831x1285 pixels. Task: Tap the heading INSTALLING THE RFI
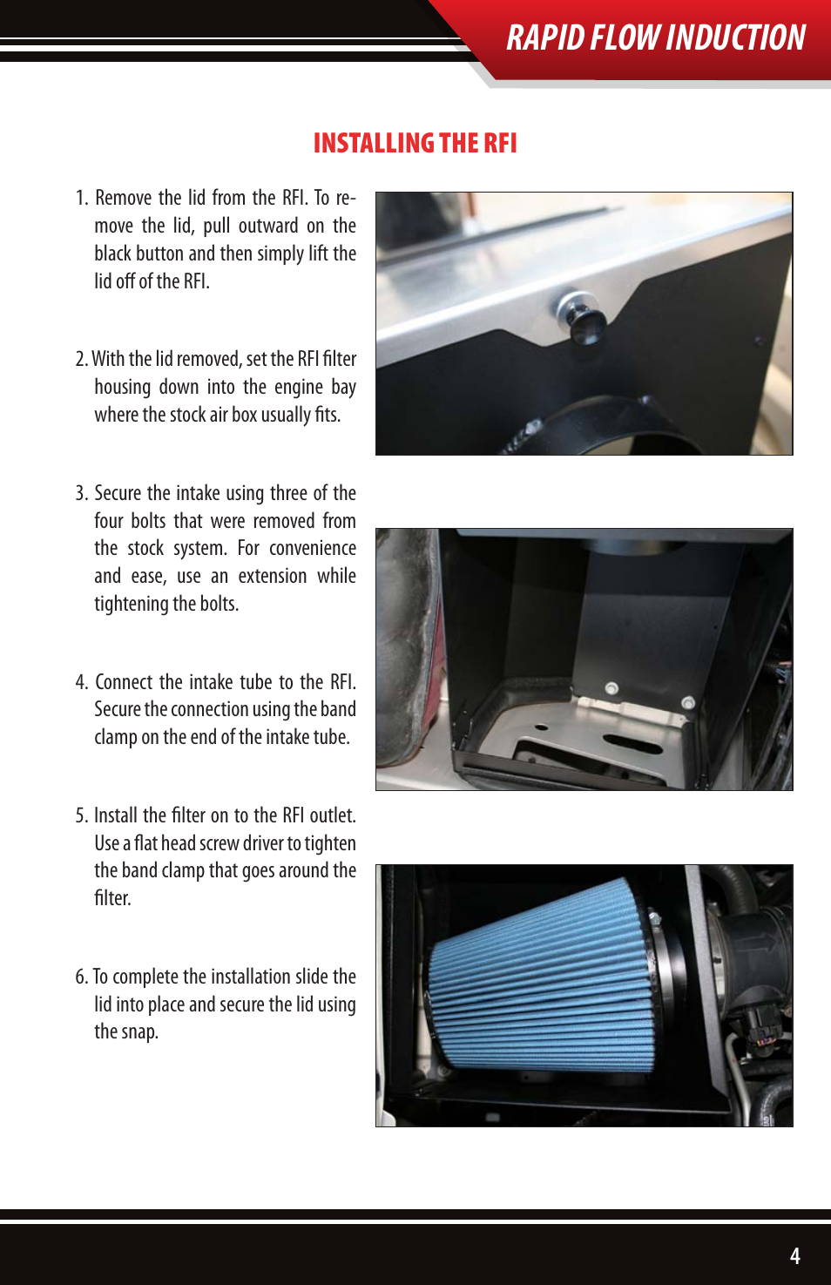click(415, 143)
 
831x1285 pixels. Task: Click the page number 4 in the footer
click(794, 1255)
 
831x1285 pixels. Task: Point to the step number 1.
click(81, 199)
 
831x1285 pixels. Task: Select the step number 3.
click(81, 494)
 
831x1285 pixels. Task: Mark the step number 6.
click(81, 977)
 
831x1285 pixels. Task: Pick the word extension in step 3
click(273, 577)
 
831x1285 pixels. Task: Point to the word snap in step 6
click(139, 1032)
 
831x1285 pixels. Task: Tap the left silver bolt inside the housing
click(611, 688)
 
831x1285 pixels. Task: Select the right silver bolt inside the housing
click(687, 701)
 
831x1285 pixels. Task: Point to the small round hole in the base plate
click(541, 726)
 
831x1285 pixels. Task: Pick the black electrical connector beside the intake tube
click(764, 1028)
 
